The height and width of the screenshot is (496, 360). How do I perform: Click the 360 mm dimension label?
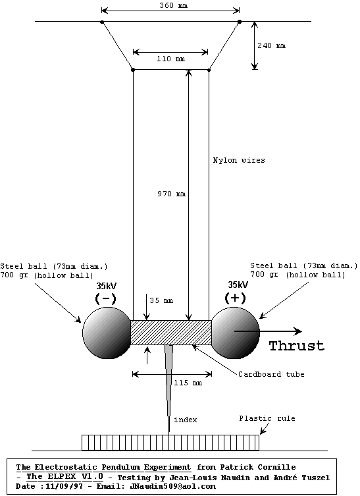(x=173, y=5)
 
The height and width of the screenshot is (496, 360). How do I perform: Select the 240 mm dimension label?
(x=271, y=45)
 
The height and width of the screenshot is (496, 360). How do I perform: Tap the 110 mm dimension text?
(x=170, y=59)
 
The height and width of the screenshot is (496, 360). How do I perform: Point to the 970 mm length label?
(x=171, y=194)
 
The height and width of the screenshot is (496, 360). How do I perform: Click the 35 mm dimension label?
(x=161, y=300)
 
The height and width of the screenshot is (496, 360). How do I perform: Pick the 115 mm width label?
(x=188, y=383)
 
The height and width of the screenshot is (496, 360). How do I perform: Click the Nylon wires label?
(x=239, y=160)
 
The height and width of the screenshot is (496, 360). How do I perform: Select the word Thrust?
(x=297, y=346)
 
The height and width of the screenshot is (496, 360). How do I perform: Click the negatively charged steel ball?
(x=107, y=333)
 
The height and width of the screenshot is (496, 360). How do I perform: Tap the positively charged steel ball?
(x=235, y=333)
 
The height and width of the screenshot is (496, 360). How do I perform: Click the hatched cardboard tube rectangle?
(x=171, y=333)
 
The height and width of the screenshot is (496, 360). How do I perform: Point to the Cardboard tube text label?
(x=271, y=374)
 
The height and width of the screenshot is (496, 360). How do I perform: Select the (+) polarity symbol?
(x=235, y=298)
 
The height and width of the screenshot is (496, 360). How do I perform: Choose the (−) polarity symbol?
(x=105, y=299)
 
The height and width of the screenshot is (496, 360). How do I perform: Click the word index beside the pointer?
(x=186, y=420)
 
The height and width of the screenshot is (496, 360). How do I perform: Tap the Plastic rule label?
(x=267, y=418)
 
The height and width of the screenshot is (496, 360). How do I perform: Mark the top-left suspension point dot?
(x=102, y=22)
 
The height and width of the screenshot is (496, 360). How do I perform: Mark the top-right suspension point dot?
(x=240, y=22)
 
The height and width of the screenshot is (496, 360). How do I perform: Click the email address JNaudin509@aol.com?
(x=172, y=487)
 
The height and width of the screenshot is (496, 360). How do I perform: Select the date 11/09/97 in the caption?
(x=64, y=487)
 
